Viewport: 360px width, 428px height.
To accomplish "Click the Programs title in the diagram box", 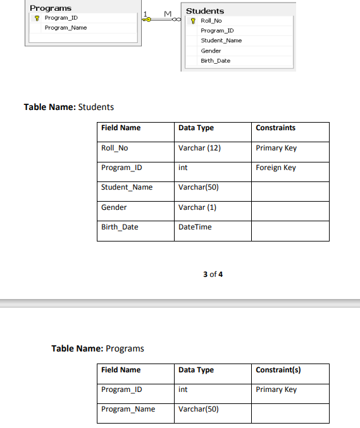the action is [51, 8].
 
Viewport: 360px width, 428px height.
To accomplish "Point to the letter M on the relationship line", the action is [168, 14].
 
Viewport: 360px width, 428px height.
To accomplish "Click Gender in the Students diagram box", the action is [211, 51].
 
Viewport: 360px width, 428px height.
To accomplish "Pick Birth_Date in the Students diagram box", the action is [215, 61].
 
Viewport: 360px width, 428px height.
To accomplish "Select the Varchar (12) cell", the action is [199, 148].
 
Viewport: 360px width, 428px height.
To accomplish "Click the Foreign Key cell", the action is [276, 168].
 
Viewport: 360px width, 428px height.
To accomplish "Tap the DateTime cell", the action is [195, 227].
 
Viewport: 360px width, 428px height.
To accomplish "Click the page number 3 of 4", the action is [213, 274].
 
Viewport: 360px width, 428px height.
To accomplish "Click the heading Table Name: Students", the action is [69, 107].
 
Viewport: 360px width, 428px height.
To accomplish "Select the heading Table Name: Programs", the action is [97, 348].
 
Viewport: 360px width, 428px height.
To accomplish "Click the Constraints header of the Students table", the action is [276, 128].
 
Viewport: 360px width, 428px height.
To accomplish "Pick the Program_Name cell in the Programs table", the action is [128, 409].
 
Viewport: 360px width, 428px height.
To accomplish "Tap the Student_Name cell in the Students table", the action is [127, 187].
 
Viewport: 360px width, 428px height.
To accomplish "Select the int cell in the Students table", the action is [183, 168].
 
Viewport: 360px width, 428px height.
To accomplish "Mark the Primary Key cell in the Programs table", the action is [276, 389].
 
